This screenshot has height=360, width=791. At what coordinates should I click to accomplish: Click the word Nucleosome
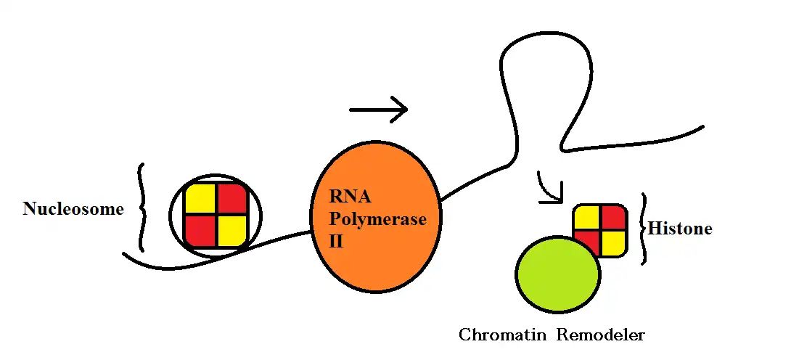(x=73, y=210)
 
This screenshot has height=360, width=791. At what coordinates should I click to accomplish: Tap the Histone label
(x=679, y=229)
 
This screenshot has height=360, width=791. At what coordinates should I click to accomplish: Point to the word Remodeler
(x=601, y=335)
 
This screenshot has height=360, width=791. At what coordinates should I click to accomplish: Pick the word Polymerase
(x=377, y=219)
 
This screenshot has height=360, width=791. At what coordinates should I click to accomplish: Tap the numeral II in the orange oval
(x=337, y=240)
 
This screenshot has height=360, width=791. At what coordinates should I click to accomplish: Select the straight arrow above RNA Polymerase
(x=378, y=110)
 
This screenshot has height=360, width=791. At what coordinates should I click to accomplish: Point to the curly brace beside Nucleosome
(x=142, y=208)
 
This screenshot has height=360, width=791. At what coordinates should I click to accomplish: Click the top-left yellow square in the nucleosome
(x=200, y=199)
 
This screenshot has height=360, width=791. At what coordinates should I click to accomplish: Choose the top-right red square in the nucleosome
(x=232, y=199)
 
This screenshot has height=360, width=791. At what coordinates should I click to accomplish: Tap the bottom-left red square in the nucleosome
(x=200, y=231)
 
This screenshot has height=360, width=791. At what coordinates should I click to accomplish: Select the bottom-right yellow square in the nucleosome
(x=232, y=231)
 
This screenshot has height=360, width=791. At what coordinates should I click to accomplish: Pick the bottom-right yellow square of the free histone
(x=613, y=242)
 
